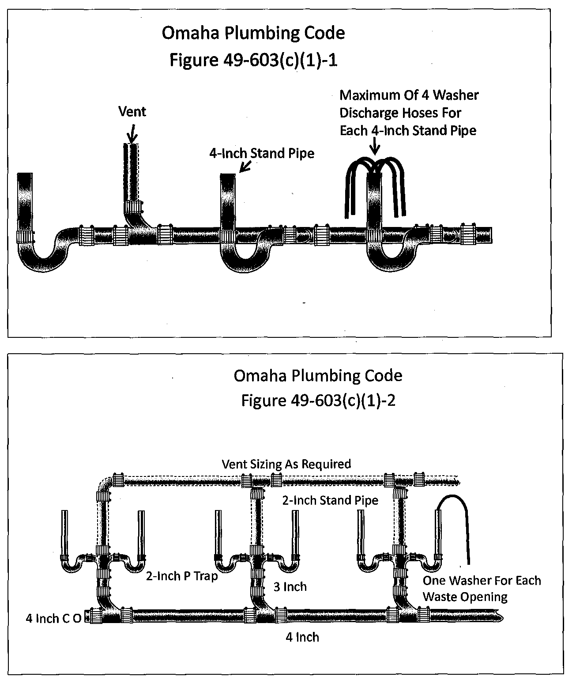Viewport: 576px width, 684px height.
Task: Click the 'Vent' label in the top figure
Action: click(x=132, y=112)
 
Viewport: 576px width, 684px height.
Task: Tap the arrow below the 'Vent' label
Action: click(x=132, y=132)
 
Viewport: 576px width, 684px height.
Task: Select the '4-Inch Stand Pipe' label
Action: click(x=262, y=154)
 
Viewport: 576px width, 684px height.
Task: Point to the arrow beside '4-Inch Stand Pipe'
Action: click(x=245, y=166)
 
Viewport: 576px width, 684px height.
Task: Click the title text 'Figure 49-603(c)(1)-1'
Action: click(x=253, y=60)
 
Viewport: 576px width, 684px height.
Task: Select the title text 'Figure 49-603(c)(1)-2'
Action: click(x=318, y=400)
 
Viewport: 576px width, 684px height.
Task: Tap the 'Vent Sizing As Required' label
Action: click(x=286, y=464)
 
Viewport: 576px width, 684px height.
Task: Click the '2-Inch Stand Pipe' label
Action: click(x=330, y=500)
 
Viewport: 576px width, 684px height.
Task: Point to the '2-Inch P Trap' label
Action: click(x=182, y=576)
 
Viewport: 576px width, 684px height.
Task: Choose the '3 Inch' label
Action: click(x=290, y=587)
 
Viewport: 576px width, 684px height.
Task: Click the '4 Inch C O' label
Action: click(x=53, y=619)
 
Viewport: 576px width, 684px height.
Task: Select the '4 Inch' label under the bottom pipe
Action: click(x=302, y=637)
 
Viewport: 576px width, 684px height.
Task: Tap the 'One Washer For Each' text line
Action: click(x=482, y=580)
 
